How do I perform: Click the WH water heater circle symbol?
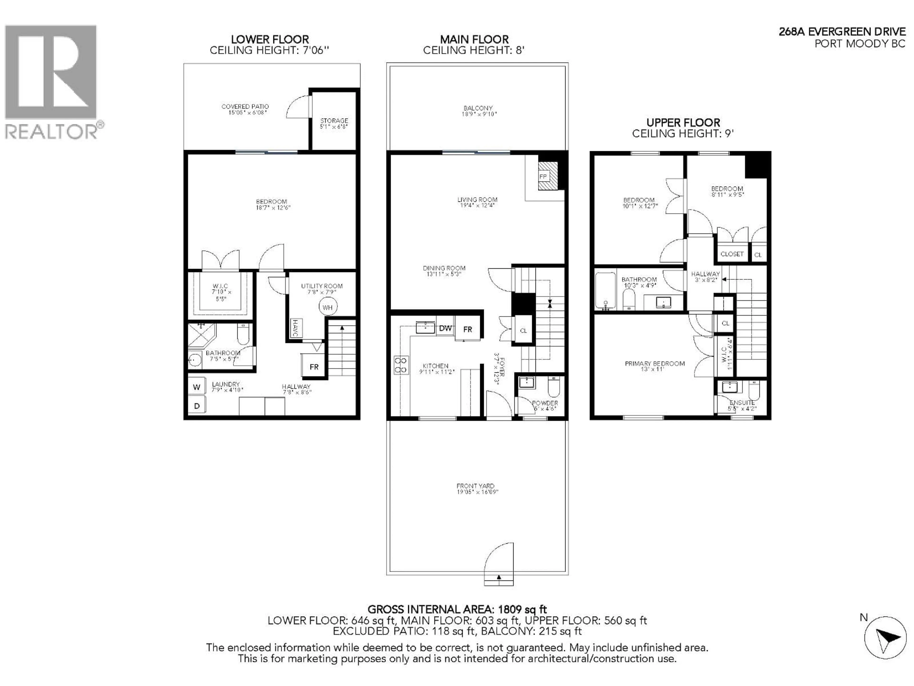(x=328, y=307)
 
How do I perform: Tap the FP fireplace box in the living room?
(x=543, y=177)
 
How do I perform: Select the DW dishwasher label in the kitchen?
(x=445, y=328)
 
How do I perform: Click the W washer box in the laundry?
(x=197, y=387)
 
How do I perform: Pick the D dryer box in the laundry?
(x=197, y=406)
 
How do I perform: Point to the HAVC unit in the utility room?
(x=295, y=328)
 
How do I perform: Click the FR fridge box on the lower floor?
(x=314, y=367)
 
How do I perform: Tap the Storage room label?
(x=334, y=121)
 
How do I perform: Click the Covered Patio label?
(x=245, y=107)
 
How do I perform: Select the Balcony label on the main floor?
(x=478, y=108)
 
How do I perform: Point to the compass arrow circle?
(x=885, y=637)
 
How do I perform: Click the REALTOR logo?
(x=52, y=83)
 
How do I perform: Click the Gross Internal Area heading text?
(x=457, y=610)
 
